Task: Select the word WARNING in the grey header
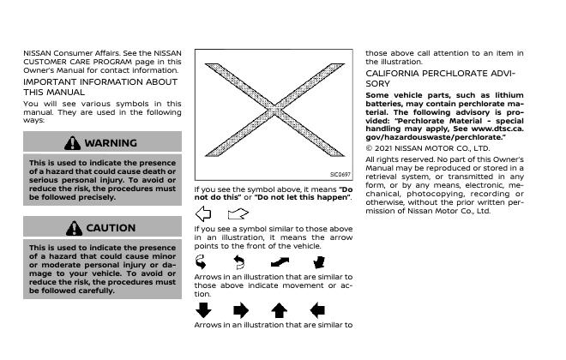pyautogui.click(x=111, y=142)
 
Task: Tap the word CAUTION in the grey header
pyautogui.click(x=111, y=228)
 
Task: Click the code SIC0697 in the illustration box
pyautogui.click(x=340, y=174)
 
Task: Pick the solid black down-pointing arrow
pyautogui.click(x=203, y=309)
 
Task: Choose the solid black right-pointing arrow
pyautogui.click(x=241, y=309)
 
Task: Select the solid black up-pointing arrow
pyautogui.click(x=279, y=309)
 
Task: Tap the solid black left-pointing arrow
pyautogui.click(x=317, y=309)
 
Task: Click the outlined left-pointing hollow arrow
pyautogui.click(x=203, y=213)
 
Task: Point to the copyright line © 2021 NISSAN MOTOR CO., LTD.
pyautogui.click(x=427, y=147)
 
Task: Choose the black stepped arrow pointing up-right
pyautogui.click(x=280, y=261)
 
